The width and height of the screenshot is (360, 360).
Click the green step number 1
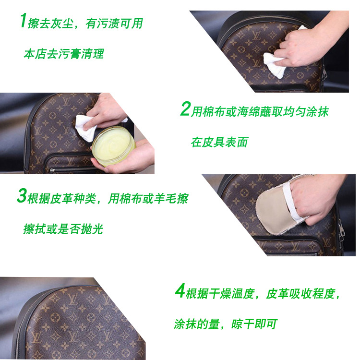point(22,22)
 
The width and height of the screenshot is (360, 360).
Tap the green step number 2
point(185,109)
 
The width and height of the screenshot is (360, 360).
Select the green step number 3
point(22,196)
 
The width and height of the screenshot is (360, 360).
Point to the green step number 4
point(180,291)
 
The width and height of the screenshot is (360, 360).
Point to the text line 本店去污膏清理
point(64,54)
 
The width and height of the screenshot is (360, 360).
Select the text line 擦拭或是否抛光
point(63,229)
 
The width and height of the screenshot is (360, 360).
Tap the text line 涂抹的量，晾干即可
point(226,324)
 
